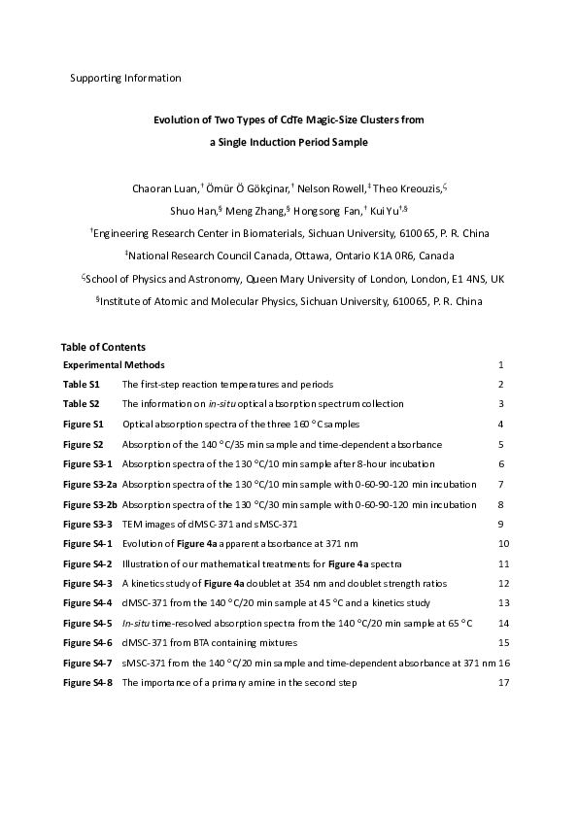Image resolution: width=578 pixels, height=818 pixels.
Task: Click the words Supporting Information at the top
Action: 125,77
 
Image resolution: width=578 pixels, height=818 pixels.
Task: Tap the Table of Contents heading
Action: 103,347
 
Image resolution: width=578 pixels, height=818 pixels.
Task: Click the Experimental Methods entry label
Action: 114,365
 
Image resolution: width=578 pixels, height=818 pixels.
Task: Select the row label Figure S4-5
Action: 88,622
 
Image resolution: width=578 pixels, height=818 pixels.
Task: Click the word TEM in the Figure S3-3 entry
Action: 132,525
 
